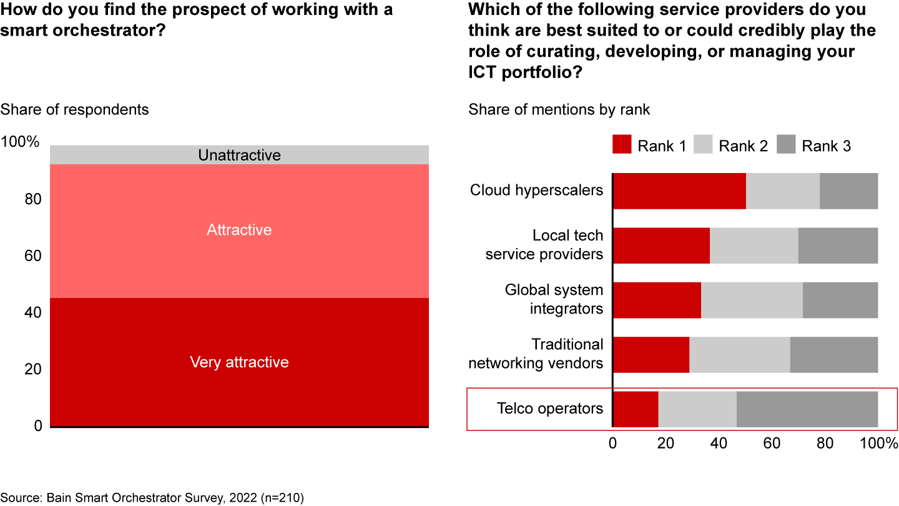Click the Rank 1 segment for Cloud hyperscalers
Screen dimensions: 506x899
click(x=679, y=191)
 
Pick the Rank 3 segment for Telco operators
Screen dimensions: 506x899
click(x=807, y=409)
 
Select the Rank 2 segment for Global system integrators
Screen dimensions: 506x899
click(x=752, y=300)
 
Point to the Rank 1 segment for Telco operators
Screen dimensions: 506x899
click(x=636, y=409)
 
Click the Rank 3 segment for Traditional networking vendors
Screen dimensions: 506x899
click(x=834, y=354)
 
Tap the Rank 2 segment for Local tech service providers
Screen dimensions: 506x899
click(x=754, y=246)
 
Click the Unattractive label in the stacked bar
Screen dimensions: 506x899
click(x=239, y=155)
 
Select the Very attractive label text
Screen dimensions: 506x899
click(x=239, y=362)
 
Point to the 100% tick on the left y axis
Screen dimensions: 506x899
click(x=20, y=142)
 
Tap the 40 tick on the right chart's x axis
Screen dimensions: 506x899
click(x=719, y=444)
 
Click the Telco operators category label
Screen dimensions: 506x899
click(x=550, y=409)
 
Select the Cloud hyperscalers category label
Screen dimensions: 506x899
click(x=536, y=191)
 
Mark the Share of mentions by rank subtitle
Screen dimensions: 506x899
click(x=559, y=110)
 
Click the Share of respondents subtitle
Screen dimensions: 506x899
click(x=74, y=109)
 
